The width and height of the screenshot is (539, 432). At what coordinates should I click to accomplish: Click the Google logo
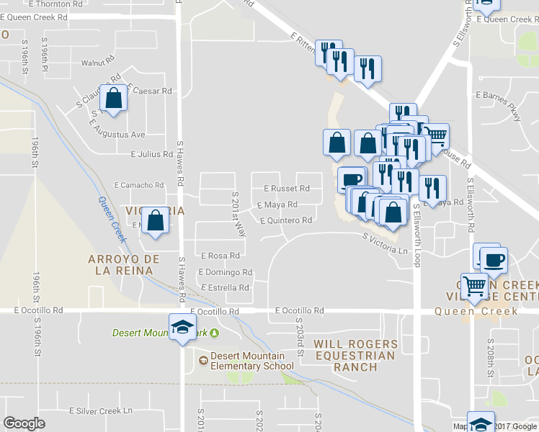pyautogui.click(x=24, y=423)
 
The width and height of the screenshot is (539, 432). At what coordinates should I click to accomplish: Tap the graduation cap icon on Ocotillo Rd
pyautogui.click(x=182, y=328)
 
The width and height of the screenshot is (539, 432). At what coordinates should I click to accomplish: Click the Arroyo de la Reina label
pyautogui.click(x=120, y=264)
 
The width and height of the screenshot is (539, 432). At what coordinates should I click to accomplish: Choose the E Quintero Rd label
pyautogui.click(x=286, y=221)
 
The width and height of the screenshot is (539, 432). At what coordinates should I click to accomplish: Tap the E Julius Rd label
pyautogui.click(x=151, y=154)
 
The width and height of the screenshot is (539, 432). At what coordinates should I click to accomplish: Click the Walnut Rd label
pyautogui.click(x=98, y=63)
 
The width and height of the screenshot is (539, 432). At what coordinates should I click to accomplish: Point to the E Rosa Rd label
pyautogui.click(x=220, y=256)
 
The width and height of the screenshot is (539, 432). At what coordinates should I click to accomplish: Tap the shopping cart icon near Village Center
pyautogui.click(x=474, y=286)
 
